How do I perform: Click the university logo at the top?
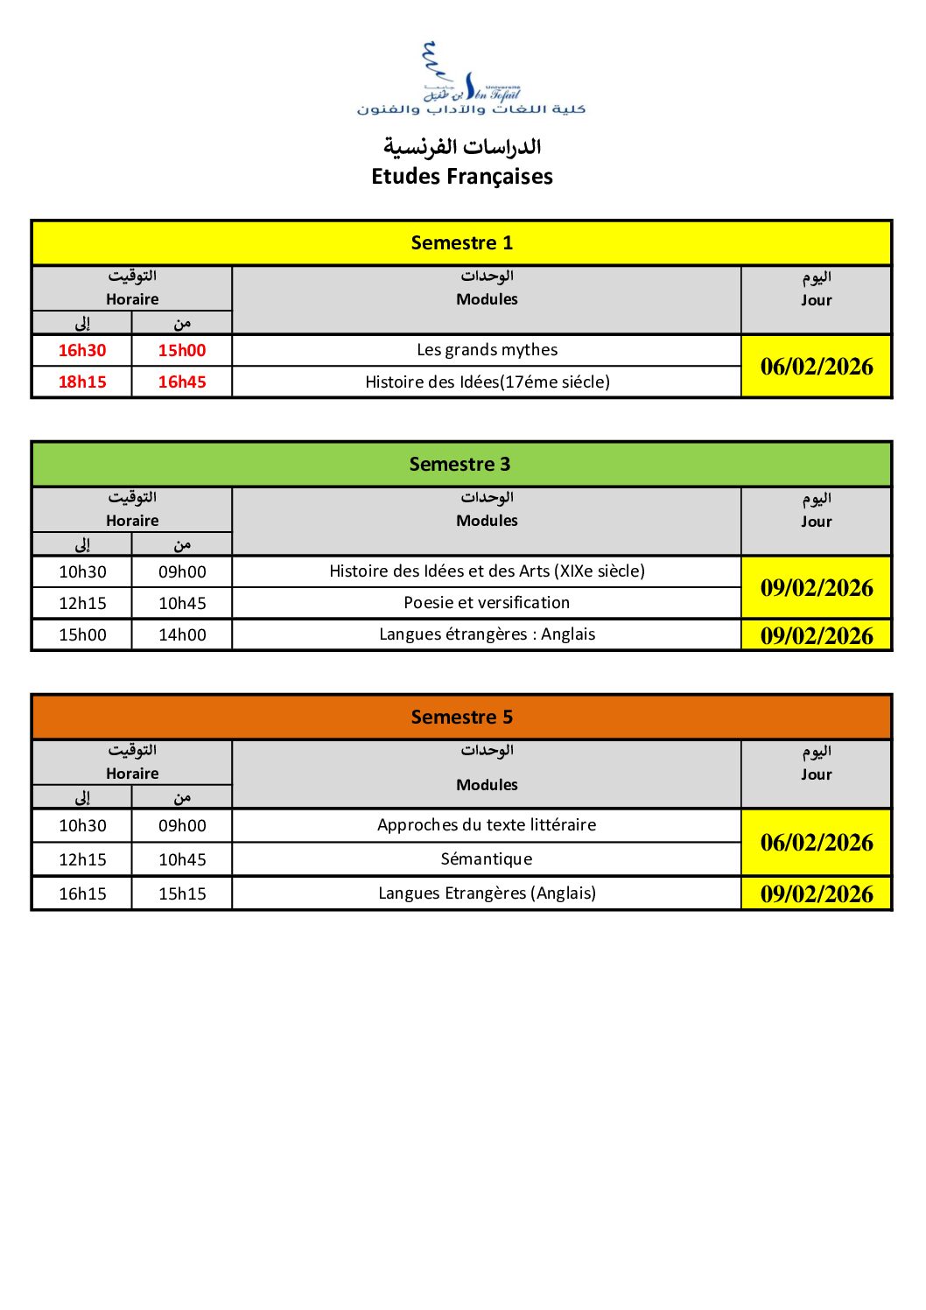(470, 79)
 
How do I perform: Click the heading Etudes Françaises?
(462, 177)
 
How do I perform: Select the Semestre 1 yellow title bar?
(462, 243)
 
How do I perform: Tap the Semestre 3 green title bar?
(460, 465)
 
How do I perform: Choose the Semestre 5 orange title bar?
(462, 718)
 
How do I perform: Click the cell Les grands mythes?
(487, 350)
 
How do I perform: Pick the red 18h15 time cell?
(82, 382)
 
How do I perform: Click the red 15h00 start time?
(182, 351)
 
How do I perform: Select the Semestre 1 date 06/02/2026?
(817, 367)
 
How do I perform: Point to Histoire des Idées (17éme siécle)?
(487, 382)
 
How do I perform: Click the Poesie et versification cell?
(487, 603)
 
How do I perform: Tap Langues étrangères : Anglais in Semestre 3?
(487, 634)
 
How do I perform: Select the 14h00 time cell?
(182, 635)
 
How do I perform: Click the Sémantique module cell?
(487, 859)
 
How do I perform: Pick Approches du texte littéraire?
(487, 825)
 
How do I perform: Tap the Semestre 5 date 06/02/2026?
(817, 843)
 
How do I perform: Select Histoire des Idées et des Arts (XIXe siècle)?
(487, 571)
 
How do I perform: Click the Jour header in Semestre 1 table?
(817, 300)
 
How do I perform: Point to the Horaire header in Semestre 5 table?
(132, 774)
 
